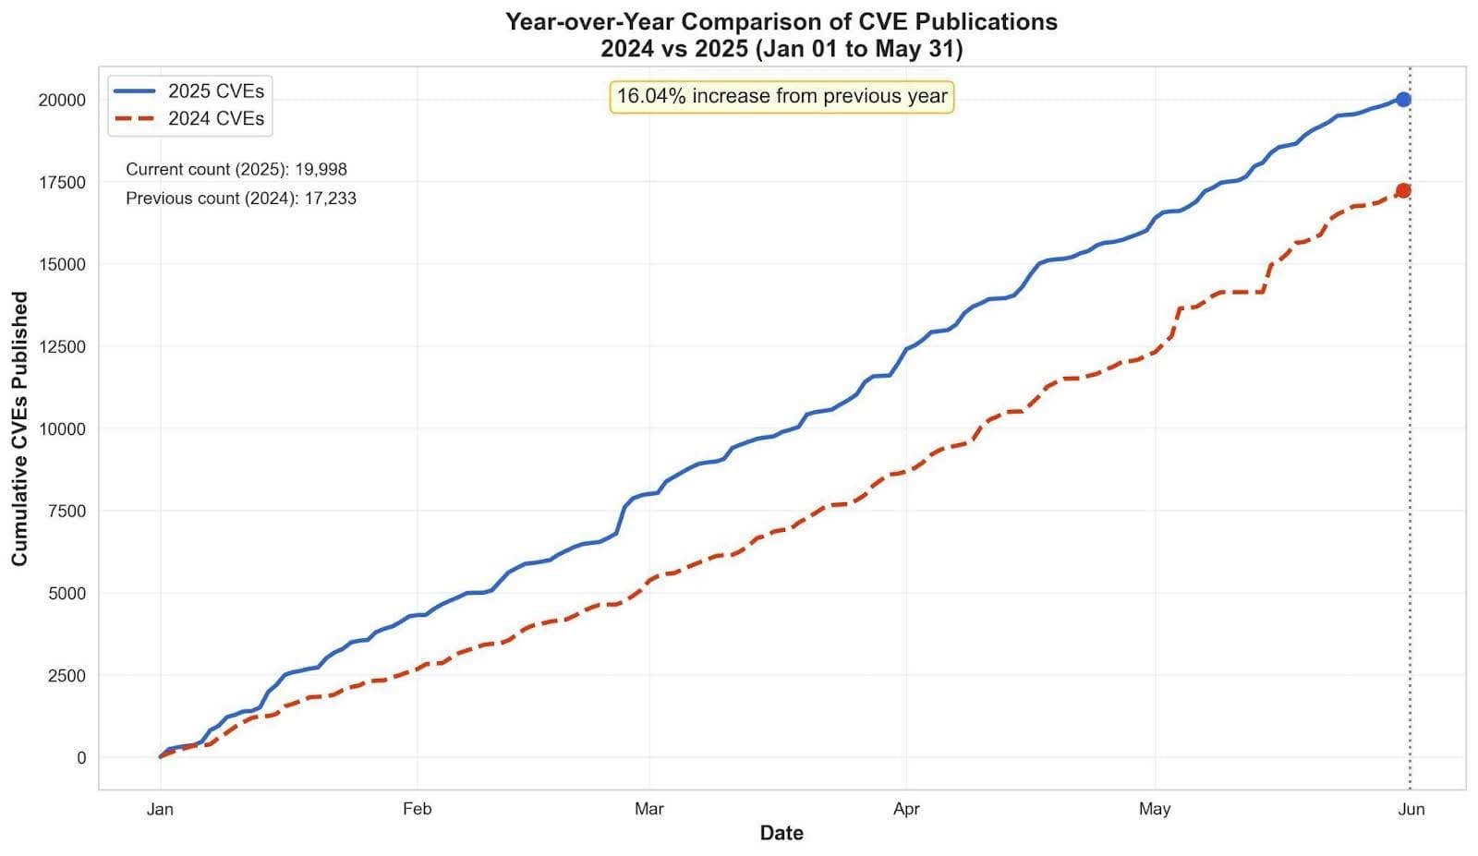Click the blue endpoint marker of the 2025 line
tap(1403, 100)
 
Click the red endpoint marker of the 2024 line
tap(1403, 190)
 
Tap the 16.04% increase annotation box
tap(781, 96)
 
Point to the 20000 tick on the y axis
tap(62, 100)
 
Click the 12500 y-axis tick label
tap(62, 346)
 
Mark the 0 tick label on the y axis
tap(81, 757)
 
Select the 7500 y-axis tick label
tap(67, 511)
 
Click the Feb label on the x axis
tap(417, 809)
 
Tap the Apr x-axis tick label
tap(906, 809)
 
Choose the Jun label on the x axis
tap(1411, 809)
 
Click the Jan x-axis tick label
tap(160, 809)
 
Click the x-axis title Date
tap(781, 833)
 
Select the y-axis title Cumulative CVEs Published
tap(19, 428)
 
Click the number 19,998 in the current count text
tap(321, 170)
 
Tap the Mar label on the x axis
tap(648, 809)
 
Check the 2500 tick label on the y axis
tap(67, 675)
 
